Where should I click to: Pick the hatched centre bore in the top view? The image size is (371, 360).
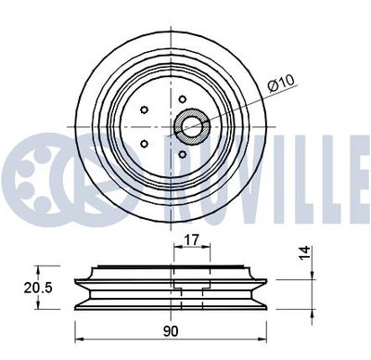(193, 126)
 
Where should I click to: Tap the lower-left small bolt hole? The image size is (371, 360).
(146, 144)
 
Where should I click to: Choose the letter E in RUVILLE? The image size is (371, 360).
(351, 170)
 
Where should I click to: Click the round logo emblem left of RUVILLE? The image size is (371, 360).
(42, 170)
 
